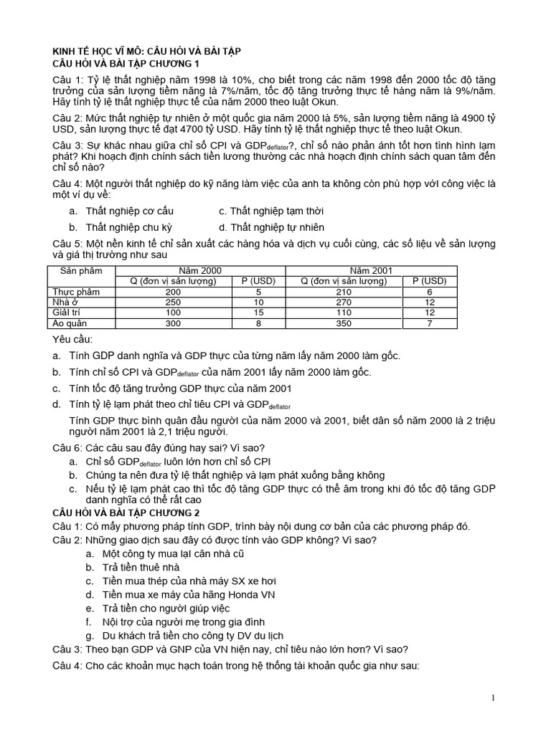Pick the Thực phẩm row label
(76, 292)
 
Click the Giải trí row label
(68, 313)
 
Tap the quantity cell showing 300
(173, 323)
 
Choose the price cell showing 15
(259, 313)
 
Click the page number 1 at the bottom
(494, 698)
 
